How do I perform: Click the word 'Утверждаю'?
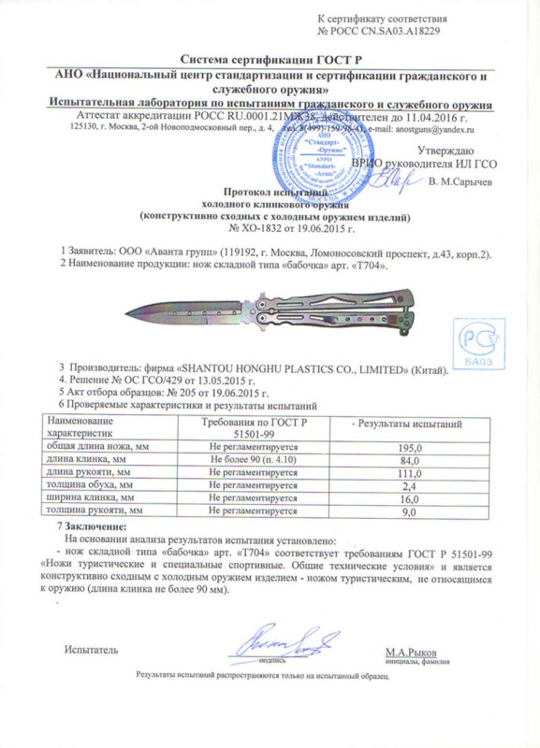pyautogui.click(x=445, y=151)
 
